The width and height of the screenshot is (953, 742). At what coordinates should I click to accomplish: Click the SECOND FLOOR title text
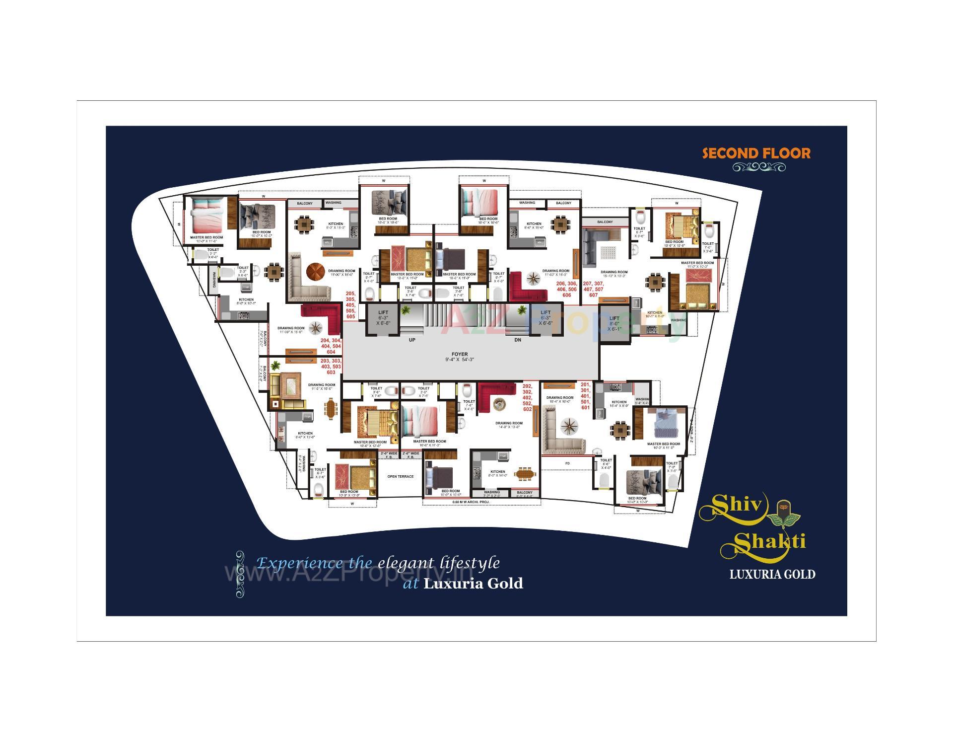click(x=756, y=153)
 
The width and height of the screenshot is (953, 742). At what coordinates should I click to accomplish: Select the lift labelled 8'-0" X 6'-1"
click(x=614, y=323)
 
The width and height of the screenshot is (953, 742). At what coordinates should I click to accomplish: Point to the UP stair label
click(x=412, y=340)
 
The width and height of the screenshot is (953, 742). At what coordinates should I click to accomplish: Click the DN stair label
click(x=518, y=340)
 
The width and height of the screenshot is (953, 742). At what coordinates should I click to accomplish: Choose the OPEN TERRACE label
click(x=400, y=476)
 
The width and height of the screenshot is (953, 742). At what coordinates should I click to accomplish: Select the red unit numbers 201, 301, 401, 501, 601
click(x=586, y=395)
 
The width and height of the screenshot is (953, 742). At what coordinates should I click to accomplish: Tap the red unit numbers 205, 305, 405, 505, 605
click(x=351, y=305)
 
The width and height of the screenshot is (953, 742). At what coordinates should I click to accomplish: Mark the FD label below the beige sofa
click(x=567, y=463)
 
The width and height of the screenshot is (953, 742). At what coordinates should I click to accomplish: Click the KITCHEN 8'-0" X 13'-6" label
click(x=305, y=435)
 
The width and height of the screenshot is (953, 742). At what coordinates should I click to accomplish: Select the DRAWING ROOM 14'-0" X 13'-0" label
click(x=508, y=425)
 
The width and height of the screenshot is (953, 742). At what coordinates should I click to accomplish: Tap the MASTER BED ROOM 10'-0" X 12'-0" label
click(x=370, y=444)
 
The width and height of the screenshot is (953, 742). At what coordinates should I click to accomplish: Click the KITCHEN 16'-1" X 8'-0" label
click(x=655, y=314)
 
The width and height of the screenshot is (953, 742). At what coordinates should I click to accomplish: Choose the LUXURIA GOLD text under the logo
click(x=772, y=575)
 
